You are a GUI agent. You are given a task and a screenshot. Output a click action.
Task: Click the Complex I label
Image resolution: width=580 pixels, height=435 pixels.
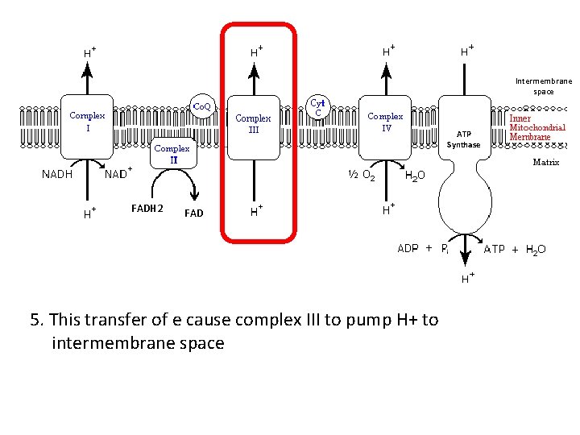pos(87,121)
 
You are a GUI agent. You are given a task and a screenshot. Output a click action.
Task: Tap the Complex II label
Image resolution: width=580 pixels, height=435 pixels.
pos(172,154)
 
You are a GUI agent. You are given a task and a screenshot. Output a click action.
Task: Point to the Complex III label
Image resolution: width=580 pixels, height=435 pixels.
pos(253,124)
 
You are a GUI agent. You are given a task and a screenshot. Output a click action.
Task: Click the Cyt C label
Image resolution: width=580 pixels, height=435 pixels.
pos(318,107)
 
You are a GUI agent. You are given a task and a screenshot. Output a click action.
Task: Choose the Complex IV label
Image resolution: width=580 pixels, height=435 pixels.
pos(385,121)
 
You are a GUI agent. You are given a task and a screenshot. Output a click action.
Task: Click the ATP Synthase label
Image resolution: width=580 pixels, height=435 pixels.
pos(463,139)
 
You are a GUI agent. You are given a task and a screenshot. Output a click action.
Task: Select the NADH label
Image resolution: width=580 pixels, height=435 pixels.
pos(57,173)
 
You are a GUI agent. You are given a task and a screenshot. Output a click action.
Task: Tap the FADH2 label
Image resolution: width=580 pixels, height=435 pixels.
pos(147,209)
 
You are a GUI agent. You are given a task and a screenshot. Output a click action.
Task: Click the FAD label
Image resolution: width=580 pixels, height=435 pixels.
pos(193,213)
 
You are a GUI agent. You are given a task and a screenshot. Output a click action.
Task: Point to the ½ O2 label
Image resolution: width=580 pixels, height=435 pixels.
pos(359,174)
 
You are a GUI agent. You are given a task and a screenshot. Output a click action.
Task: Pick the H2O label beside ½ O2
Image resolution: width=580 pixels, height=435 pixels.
pos(416,175)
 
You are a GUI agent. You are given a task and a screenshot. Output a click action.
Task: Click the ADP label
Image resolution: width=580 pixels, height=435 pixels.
pos(408,248)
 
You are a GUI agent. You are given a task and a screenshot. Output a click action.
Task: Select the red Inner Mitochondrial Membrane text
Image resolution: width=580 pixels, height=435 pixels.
pos(536,127)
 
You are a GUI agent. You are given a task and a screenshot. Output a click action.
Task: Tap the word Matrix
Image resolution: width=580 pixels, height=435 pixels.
pos(545,162)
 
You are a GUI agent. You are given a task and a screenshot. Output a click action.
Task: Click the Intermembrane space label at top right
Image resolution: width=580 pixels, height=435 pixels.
pos(544,86)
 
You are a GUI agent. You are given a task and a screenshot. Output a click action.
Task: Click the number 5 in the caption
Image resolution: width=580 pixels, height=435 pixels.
pos(35,320)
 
